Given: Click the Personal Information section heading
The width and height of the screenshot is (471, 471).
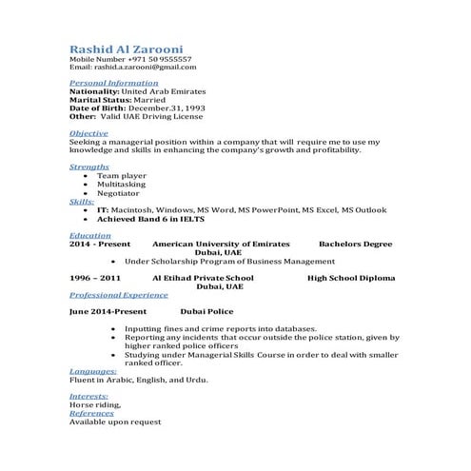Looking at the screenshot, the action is [x=114, y=84].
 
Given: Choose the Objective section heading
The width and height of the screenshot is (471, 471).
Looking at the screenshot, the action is [x=88, y=133].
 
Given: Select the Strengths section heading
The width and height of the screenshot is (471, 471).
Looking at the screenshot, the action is [x=89, y=167].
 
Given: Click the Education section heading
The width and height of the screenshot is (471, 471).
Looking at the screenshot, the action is [x=90, y=235].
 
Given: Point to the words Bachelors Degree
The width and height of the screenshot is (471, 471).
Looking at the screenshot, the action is [x=355, y=244].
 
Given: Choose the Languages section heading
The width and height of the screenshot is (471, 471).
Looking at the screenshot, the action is [x=93, y=371].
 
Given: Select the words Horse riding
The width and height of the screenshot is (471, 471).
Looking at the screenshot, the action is [x=94, y=404].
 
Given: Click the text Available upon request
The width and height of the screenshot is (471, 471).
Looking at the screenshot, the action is [x=115, y=422].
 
